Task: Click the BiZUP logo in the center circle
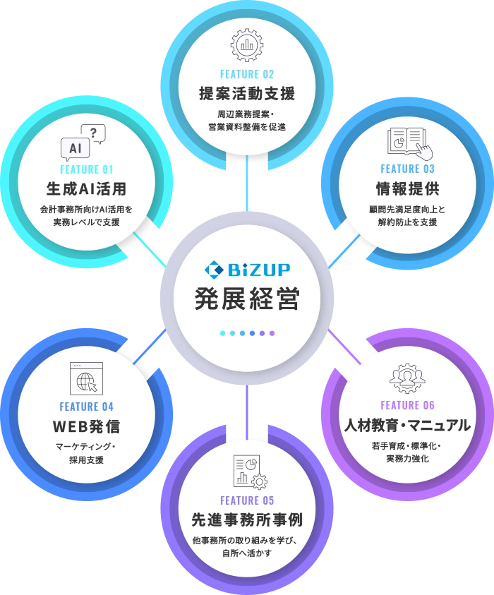pyautogui.click(x=248, y=269)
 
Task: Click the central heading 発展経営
pyautogui.click(x=247, y=299)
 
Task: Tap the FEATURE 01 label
pyautogui.click(x=87, y=169)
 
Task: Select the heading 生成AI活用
pyautogui.click(x=87, y=188)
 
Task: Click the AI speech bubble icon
pyautogui.click(x=83, y=143)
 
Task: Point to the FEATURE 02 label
pyautogui.click(x=247, y=74)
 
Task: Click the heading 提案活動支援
pyautogui.click(x=247, y=93)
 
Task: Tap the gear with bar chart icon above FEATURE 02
pyautogui.click(x=247, y=44)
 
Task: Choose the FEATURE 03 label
pyautogui.click(x=407, y=169)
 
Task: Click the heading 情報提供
pyautogui.click(x=407, y=188)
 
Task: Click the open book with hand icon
pyautogui.click(x=410, y=143)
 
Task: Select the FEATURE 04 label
pyautogui.click(x=87, y=407)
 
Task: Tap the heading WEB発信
pyautogui.click(x=87, y=426)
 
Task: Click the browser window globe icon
pyautogui.click(x=87, y=379)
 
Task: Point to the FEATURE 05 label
pyautogui.click(x=247, y=500)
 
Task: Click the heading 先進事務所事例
pyautogui.click(x=247, y=519)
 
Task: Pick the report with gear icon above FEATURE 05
pyautogui.click(x=251, y=471)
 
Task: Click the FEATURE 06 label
pyautogui.click(x=407, y=405)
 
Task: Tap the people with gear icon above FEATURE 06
pyautogui.click(x=407, y=378)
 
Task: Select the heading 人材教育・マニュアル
pyautogui.click(x=407, y=425)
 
